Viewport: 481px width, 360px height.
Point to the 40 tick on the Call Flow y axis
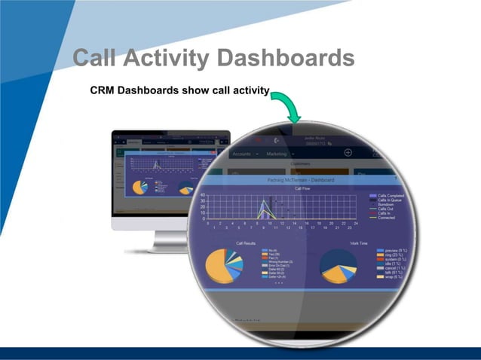pyautogui.click(x=201, y=195)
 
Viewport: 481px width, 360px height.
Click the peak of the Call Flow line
pyautogui.click(x=263, y=200)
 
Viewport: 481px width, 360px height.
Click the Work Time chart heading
pyautogui.click(x=359, y=243)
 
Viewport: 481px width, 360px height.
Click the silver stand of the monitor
pyautogui.click(x=167, y=240)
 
